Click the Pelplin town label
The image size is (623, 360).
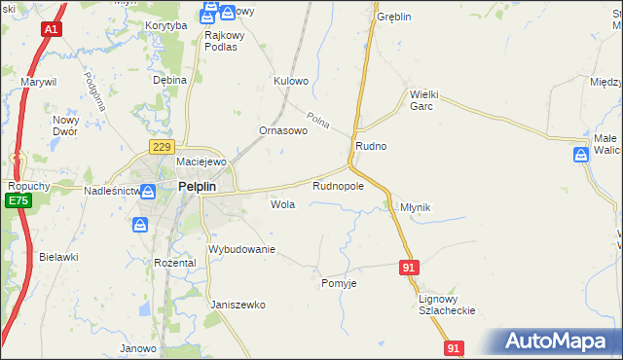[202, 187]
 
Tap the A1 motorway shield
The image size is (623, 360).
[51, 30]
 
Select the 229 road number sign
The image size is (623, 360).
[162, 146]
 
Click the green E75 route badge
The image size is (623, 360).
[17, 200]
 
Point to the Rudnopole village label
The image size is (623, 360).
[338, 185]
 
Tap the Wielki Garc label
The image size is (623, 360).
[427, 100]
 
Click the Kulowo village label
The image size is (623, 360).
[291, 81]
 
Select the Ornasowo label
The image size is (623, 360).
[283, 129]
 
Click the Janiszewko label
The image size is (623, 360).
[238, 305]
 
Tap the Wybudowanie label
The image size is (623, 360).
[242, 249]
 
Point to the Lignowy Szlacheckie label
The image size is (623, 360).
[446, 304]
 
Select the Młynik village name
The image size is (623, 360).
[416, 207]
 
